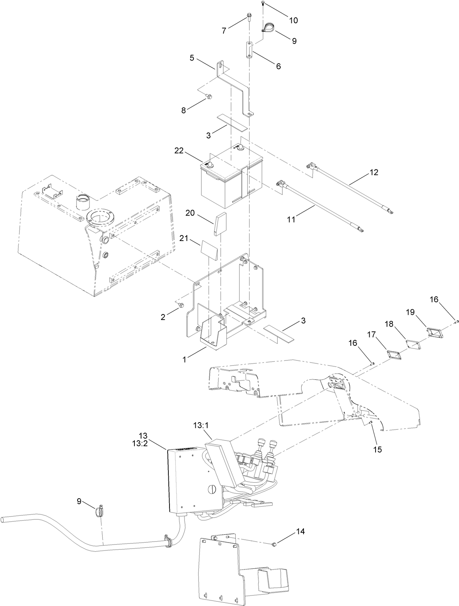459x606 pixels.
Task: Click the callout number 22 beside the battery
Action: click(x=179, y=151)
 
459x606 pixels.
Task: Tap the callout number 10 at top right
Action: click(x=293, y=20)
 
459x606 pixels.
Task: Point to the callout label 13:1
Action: click(x=201, y=425)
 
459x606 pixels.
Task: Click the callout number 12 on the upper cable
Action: click(x=374, y=172)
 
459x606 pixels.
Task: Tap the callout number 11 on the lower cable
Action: click(x=291, y=219)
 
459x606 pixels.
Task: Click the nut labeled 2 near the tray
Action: click(x=181, y=305)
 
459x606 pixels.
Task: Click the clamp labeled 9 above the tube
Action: click(x=99, y=510)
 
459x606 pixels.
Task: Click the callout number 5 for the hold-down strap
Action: click(x=192, y=58)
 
